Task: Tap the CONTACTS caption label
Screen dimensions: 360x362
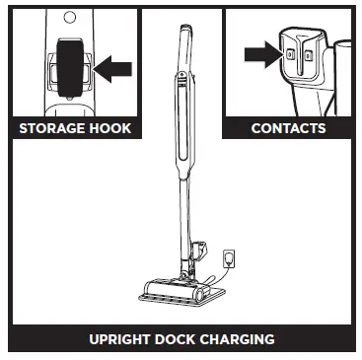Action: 287,128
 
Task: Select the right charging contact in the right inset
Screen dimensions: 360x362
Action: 307,55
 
